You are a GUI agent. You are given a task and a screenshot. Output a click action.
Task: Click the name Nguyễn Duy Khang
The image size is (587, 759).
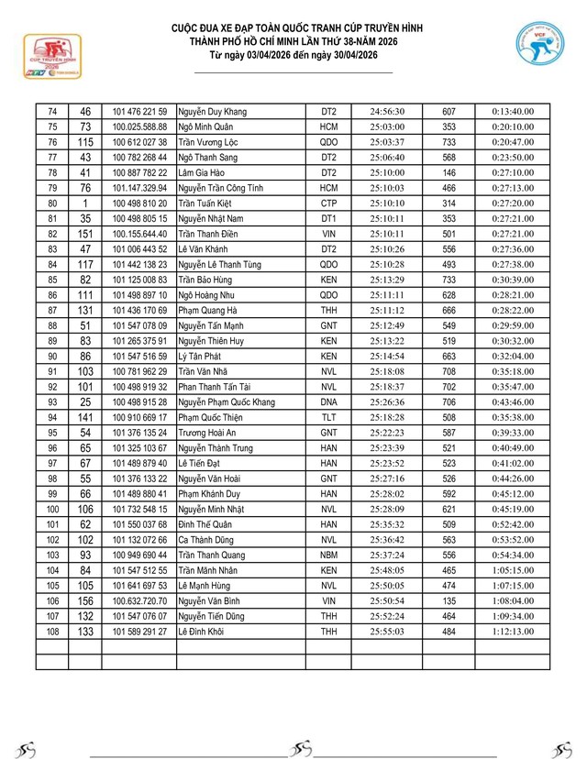[x=212, y=111]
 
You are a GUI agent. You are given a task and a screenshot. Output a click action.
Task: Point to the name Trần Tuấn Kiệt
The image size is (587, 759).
[x=208, y=203]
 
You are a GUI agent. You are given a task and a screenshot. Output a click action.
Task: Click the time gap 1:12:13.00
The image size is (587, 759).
[x=513, y=632]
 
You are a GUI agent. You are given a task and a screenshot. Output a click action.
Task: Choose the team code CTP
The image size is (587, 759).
[x=328, y=203]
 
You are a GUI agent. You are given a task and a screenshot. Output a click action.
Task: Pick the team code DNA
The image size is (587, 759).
[x=328, y=402]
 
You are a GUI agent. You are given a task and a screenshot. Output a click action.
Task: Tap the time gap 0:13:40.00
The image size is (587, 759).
[x=513, y=111]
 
